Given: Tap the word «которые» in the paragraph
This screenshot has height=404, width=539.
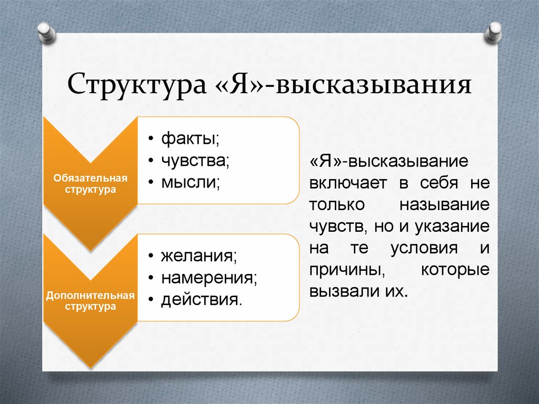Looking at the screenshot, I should click(455, 270).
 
